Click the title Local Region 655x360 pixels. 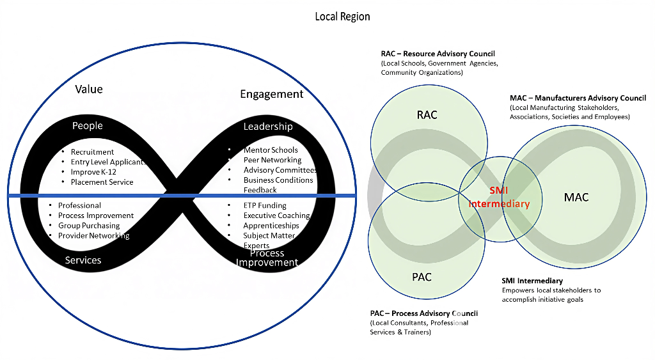342,16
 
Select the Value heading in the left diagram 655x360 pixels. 89,89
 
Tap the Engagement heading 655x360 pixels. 271,94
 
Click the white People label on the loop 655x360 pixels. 88,125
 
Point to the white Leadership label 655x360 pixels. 268,127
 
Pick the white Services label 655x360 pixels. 83,260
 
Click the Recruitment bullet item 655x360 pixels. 92,152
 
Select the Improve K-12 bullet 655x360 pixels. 93,172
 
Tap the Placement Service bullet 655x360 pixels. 102,182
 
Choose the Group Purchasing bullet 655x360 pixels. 89,226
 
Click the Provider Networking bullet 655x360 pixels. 93,236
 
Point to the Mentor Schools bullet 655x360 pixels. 271,150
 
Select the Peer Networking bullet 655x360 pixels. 272,160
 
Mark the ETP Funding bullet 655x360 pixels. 265,206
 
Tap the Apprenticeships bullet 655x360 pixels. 271,226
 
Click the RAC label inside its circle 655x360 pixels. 427,115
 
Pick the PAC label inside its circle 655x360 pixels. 422,277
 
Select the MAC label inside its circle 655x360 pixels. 576,197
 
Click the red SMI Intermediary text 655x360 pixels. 499,198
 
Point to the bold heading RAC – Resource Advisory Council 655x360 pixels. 438,54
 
